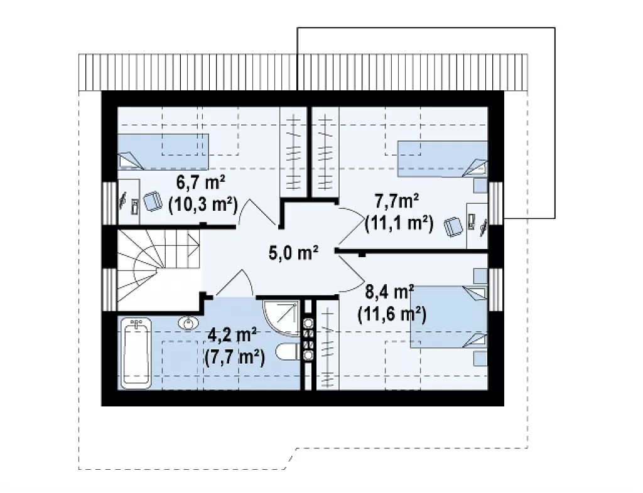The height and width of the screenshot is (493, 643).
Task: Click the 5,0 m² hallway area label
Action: point(294,253)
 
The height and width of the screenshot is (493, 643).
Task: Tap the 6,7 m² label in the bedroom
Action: point(201,183)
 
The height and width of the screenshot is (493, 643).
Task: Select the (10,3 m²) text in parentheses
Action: point(203,204)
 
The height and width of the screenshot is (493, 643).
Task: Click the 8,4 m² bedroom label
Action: point(389,292)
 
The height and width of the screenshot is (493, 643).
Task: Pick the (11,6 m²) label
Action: point(392,314)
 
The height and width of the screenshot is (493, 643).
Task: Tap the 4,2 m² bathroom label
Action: point(232,336)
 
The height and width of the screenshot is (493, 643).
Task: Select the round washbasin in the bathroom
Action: point(188,323)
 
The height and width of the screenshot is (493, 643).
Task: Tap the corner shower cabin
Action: point(281,318)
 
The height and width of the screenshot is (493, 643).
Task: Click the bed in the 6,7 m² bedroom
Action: point(163,152)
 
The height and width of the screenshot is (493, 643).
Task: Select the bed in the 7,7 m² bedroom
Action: point(443,159)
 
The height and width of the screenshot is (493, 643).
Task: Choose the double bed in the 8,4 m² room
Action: point(449,317)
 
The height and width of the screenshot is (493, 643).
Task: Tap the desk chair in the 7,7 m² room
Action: point(453,227)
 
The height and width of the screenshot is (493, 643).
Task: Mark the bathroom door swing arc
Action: point(234,282)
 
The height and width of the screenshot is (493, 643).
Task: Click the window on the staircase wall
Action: point(109,290)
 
